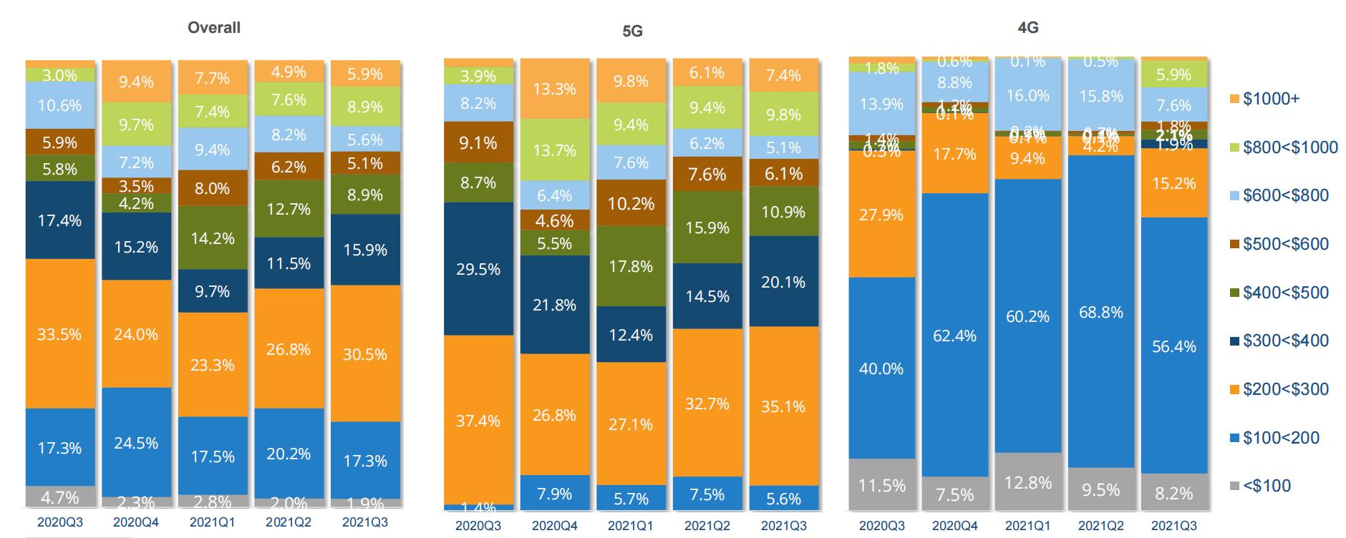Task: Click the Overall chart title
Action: click(x=213, y=28)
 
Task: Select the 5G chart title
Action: click(x=632, y=31)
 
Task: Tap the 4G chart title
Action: click(x=1027, y=28)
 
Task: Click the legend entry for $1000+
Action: click(x=1271, y=99)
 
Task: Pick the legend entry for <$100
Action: click(x=1267, y=486)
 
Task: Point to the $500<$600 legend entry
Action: click(x=1285, y=244)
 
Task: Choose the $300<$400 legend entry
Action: click(x=1285, y=341)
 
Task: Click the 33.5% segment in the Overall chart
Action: click(x=60, y=334)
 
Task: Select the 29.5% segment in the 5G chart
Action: click(x=478, y=269)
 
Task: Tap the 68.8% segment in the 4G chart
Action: click(x=1101, y=312)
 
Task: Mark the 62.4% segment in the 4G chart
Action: click(x=954, y=336)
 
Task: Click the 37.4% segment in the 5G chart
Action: click(x=478, y=421)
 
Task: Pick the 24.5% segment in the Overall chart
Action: click(x=136, y=443)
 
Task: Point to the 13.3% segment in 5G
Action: click(x=554, y=89)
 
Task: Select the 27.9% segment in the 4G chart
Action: click(x=881, y=215)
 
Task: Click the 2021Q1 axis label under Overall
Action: click(x=213, y=522)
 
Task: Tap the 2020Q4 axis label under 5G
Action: click(x=554, y=526)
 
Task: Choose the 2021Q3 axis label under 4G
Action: click(x=1174, y=526)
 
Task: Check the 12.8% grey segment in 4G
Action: click(x=1027, y=482)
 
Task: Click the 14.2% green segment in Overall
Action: click(x=213, y=238)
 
